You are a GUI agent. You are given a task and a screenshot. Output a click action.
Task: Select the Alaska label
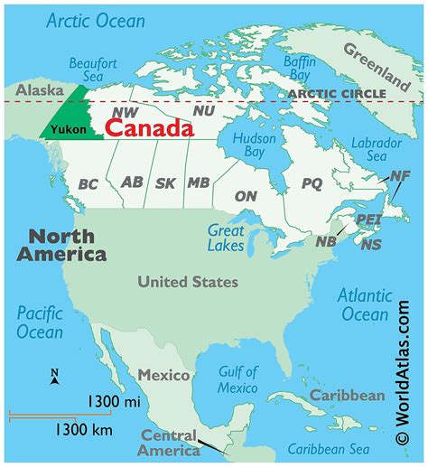point(33,91)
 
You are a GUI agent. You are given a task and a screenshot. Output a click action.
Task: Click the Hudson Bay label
point(256,147)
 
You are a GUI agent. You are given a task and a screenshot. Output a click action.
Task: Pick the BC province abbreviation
point(88,184)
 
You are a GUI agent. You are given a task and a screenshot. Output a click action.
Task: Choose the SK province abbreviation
point(165,182)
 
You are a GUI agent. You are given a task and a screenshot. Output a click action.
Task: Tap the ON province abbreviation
point(246,195)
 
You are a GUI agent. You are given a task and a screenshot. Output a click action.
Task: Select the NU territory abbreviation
point(204,109)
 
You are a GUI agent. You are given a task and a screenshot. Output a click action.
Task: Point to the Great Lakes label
point(226,238)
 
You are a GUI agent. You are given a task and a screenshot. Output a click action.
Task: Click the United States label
point(188,282)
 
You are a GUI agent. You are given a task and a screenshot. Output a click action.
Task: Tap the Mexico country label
point(163,374)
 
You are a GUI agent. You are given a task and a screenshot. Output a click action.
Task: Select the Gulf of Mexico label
point(238,379)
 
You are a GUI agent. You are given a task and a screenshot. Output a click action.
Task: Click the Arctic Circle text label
point(336,93)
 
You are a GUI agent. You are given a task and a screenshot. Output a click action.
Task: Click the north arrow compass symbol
point(54,378)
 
